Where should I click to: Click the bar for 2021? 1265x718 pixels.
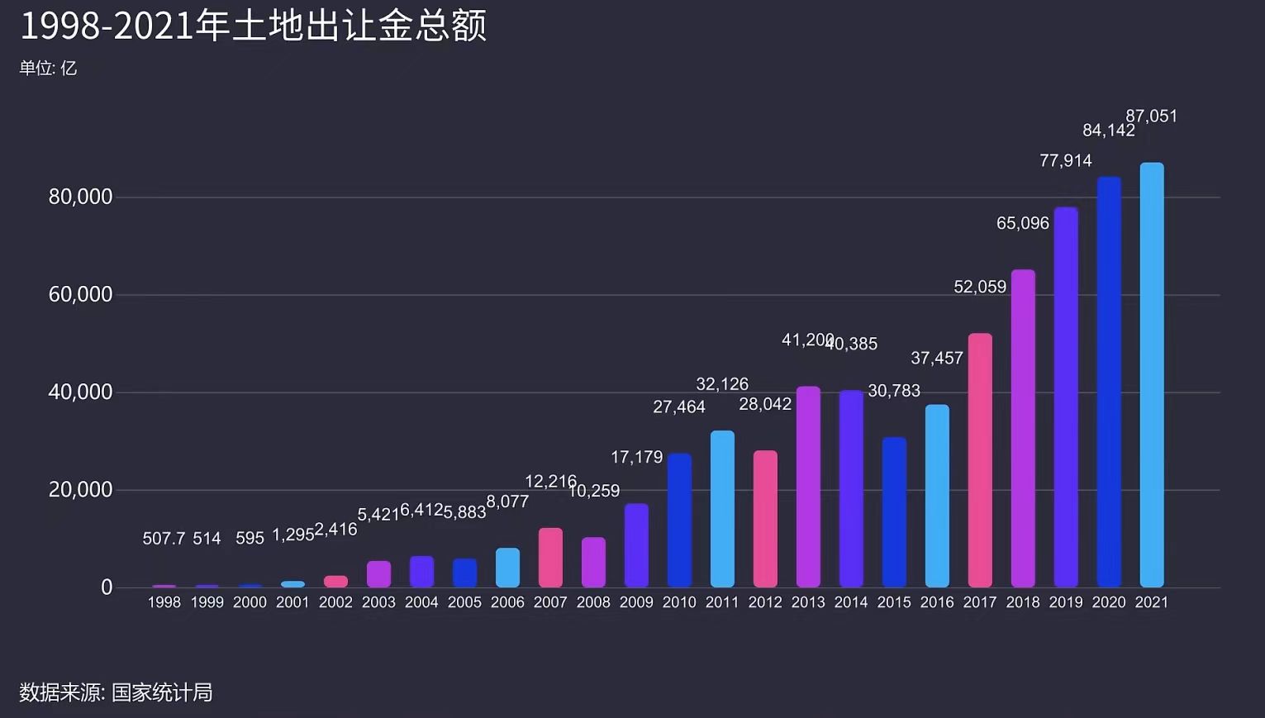pyautogui.click(x=1151, y=375)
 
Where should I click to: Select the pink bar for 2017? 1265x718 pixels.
pyautogui.click(x=980, y=460)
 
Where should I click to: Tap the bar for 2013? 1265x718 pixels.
pyautogui.click(x=808, y=487)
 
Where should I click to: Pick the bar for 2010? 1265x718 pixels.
pyautogui.click(x=679, y=521)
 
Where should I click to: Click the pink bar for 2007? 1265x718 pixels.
pyautogui.click(x=550, y=558)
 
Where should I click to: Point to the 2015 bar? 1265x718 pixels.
pyautogui.click(x=894, y=512)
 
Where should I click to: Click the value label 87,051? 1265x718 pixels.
pyautogui.click(x=1151, y=116)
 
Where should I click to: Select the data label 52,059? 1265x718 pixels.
pyautogui.click(x=980, y=287)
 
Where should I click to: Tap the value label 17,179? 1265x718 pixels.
pyautogui.click(x=636, y=457)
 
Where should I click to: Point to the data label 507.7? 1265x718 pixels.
pyautogui.click(x=164, y=539)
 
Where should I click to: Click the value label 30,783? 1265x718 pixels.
pyautogui.click(x=894, y=391)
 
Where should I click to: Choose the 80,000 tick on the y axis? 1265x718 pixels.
pyautogui.click(x=80, y=197)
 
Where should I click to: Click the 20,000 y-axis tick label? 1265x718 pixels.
pyautogui.click(x=80, y=490)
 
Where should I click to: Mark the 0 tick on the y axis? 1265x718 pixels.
pyautogui.click(x=107, y=587)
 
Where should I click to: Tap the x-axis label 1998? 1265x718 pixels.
pyautogui.click(x=164, y=602)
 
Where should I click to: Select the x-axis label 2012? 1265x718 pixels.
pyautogui.click(x=765, y=602)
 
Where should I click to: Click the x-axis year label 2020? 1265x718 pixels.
pyautogui.click(x=1108, y=602)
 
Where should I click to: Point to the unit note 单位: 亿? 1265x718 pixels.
pyautogui.click(x=48, y=69)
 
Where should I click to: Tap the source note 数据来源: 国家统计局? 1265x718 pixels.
pyautogui.click(x=116, y=692)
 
